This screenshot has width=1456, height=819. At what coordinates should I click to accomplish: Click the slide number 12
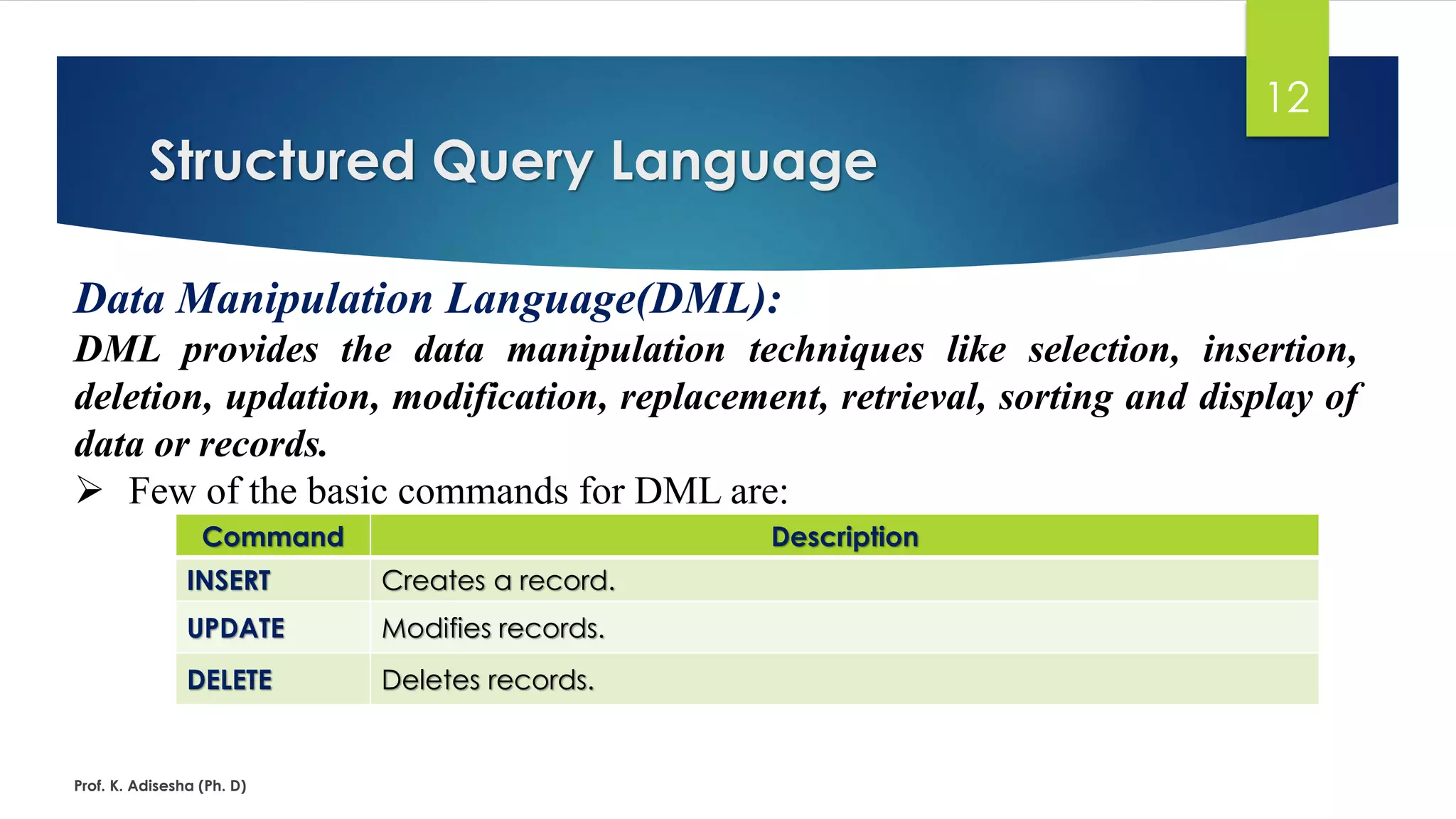click(x=1288, y=97)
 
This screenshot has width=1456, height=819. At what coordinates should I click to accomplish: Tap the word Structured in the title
click(x=282, y=161)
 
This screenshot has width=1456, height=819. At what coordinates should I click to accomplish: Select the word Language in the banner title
click(x=744, y=162)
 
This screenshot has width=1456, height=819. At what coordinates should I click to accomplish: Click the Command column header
click(x=273, y=537)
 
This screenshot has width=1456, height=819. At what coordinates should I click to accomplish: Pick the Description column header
click(x=845, y=537)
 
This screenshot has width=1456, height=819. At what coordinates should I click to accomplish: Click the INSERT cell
click(x=229, y=581)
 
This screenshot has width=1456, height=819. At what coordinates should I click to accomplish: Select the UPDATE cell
click(x=236, y=628)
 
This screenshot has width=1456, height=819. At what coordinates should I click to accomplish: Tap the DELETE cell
click(x=230, y=680)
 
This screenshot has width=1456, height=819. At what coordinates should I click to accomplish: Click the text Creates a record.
click(x=498, y=581)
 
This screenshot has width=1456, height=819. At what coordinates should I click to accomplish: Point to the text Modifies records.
click(x=493, y=628)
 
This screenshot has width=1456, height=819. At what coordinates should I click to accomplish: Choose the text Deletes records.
click(x=488, y=680)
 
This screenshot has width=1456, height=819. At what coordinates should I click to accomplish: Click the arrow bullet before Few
click(x=90, y=491)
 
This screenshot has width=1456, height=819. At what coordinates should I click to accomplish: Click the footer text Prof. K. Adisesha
click(x=160, y=786)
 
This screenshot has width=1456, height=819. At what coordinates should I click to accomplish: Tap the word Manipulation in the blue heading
click(x=304, y=299)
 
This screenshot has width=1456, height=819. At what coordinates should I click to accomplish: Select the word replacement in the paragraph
click(x=723, y=397)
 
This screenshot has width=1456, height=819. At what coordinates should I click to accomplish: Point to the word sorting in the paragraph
click(x=1055, y=397)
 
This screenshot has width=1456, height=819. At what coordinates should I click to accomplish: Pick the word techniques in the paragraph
click(x=835, y=350)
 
